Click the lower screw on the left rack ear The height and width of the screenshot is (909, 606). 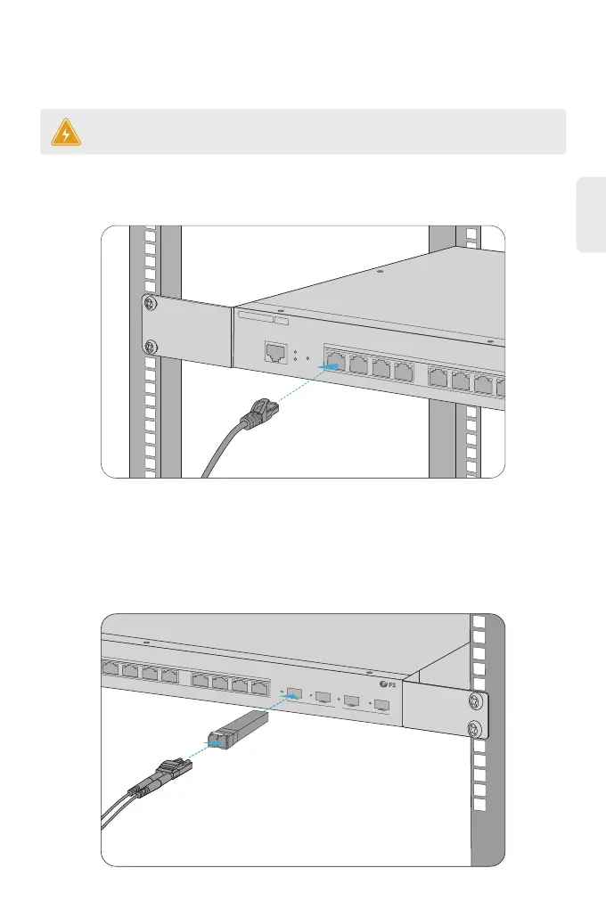pyautogui.click(x=149, y=347)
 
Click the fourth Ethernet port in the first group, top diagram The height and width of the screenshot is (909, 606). pyautogui.click(x=404, y=369)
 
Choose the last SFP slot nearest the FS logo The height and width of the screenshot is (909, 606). pyautogui.click(x=381, y=706)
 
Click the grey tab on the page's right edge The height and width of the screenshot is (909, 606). pyautogui.click(x=589, y=214)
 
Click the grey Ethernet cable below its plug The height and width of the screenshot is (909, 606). pyautogui.click(x=217, y=454)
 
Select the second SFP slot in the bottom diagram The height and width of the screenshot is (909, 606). pyautogui.click(x=323, y=697)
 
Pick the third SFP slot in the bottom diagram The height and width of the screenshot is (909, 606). pyautogui.click(x=352, y=701)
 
